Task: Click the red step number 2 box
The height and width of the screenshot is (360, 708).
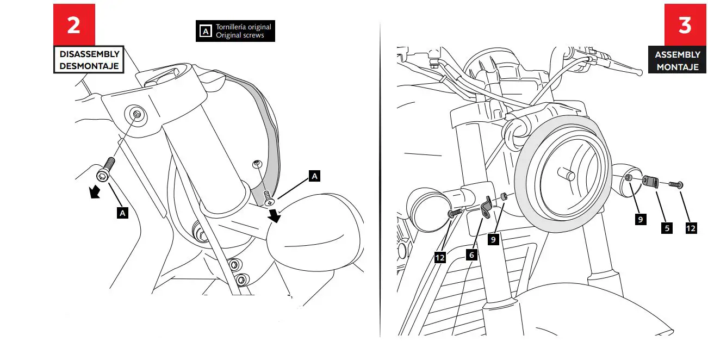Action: (74, 25)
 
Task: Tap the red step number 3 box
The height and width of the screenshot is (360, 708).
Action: (684, 25)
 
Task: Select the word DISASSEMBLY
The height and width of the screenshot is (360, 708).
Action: (89, 54)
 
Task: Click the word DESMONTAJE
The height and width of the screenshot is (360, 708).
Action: (89, 66)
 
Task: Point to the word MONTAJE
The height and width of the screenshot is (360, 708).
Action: (678, 67)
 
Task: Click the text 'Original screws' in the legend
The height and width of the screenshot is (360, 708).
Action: (240, 35)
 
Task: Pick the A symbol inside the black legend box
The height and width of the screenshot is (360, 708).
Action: (205, 32)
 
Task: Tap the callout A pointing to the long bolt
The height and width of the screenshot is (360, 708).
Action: (123, 213)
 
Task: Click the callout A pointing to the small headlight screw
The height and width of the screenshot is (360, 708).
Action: (314, 176)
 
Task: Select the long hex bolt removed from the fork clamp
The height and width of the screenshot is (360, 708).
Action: (105, 168)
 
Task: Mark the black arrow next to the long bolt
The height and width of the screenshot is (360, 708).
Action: (95, 192)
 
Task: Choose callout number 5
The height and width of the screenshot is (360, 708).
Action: (667, 228)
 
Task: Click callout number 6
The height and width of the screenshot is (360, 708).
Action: (471, 254)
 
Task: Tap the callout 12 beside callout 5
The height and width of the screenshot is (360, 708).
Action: (691, 228)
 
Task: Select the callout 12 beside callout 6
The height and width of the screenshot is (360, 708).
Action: (440, 257)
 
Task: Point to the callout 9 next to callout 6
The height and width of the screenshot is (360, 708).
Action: (493, 239)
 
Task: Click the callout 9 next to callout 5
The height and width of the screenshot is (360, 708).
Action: (641, 219)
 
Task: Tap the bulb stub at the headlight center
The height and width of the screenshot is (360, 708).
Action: (569, 176)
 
